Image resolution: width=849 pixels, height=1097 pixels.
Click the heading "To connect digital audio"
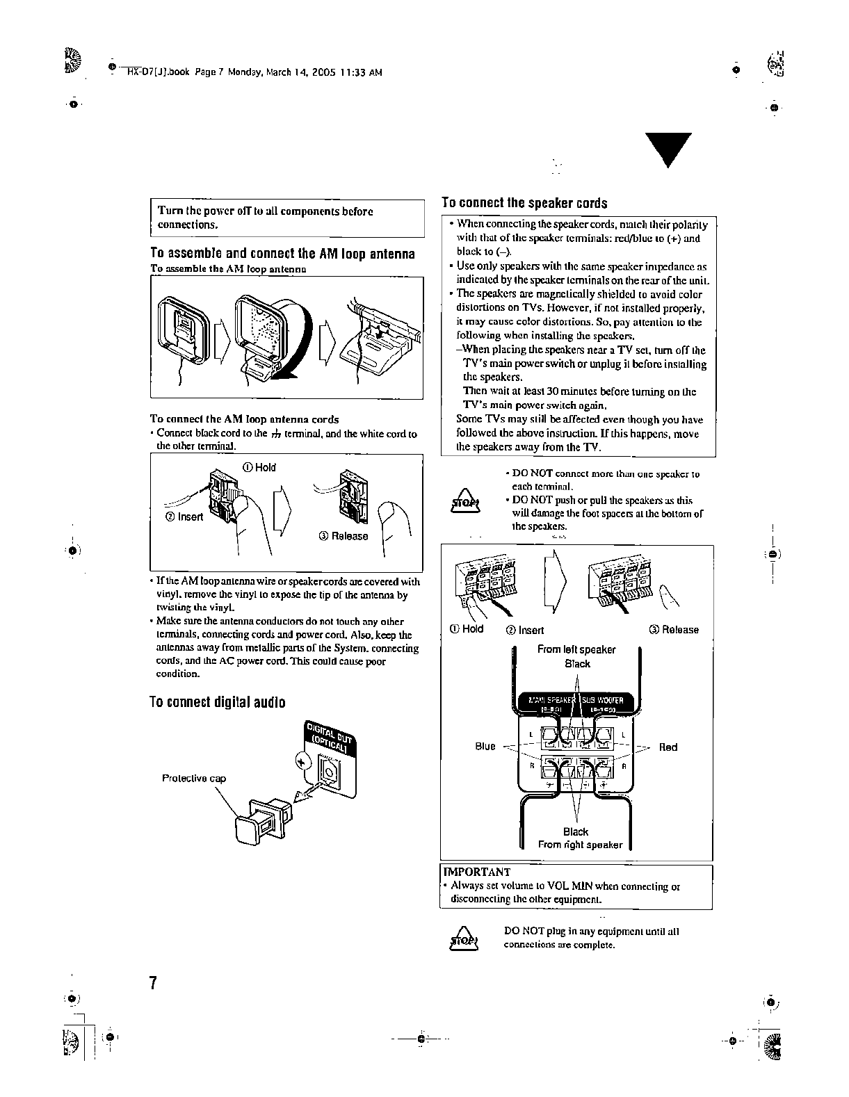218,702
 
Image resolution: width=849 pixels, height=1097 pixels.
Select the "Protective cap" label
194,778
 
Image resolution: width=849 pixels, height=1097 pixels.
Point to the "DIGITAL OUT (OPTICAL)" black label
331,738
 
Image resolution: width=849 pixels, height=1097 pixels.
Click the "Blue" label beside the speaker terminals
485,747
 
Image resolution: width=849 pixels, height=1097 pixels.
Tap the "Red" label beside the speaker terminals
668,747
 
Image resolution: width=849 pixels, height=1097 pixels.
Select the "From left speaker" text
576,649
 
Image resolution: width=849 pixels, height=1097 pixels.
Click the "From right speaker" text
581,845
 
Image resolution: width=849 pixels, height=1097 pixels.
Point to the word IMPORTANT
477,872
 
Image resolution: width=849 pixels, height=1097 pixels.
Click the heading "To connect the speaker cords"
525,203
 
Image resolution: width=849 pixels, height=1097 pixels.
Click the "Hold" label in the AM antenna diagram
259,467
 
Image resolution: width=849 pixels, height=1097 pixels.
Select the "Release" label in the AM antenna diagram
343,536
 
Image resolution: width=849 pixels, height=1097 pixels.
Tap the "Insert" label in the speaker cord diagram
525,630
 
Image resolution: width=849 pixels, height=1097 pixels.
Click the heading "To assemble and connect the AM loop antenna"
282,254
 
